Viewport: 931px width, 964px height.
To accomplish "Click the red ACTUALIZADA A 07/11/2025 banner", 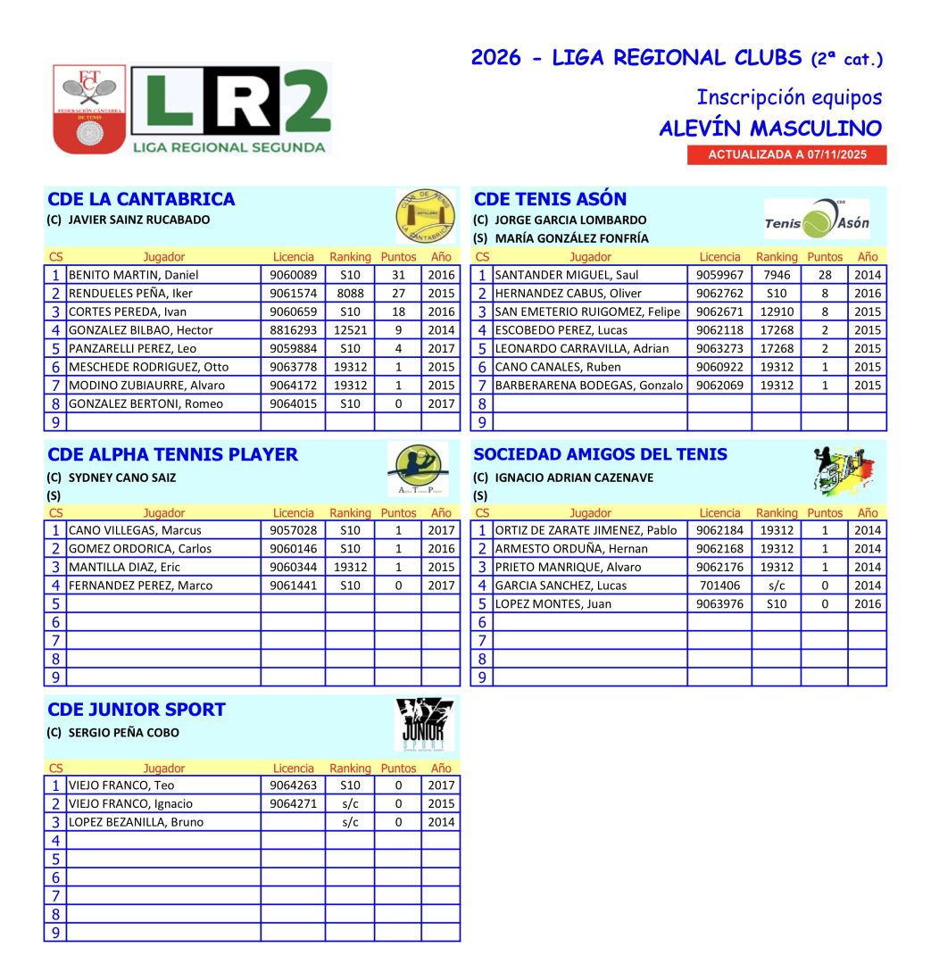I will [x=786, y=154].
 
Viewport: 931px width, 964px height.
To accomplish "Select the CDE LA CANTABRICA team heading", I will [x=141, y=199].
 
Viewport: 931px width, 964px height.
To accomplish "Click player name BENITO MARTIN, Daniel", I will [x=134, y=275].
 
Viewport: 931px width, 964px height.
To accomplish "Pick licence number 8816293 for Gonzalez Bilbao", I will [x=293, y=330].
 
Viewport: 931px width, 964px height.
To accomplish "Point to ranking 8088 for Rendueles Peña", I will [x=349, y=294].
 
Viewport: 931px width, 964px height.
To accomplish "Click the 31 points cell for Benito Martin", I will [x=398, y=275].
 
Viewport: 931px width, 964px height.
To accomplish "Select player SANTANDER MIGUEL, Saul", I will [x=567, y=275].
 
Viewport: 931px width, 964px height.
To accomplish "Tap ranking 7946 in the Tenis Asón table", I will [x=777, y=275].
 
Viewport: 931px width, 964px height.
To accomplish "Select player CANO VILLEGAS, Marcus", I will [x=135, y=530].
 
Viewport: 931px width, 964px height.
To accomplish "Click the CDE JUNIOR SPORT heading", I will [x=137, y=710].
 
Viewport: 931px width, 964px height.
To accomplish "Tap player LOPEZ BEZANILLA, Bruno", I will [x=137, y=822].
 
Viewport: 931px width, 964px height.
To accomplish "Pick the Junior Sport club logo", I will [x=424, y=724].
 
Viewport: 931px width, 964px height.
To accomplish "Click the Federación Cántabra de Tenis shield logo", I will [x=89, y=108].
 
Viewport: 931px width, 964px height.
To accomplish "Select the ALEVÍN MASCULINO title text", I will [x=770, y=129].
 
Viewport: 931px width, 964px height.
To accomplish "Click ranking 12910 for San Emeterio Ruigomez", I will [x=777, y=312].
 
